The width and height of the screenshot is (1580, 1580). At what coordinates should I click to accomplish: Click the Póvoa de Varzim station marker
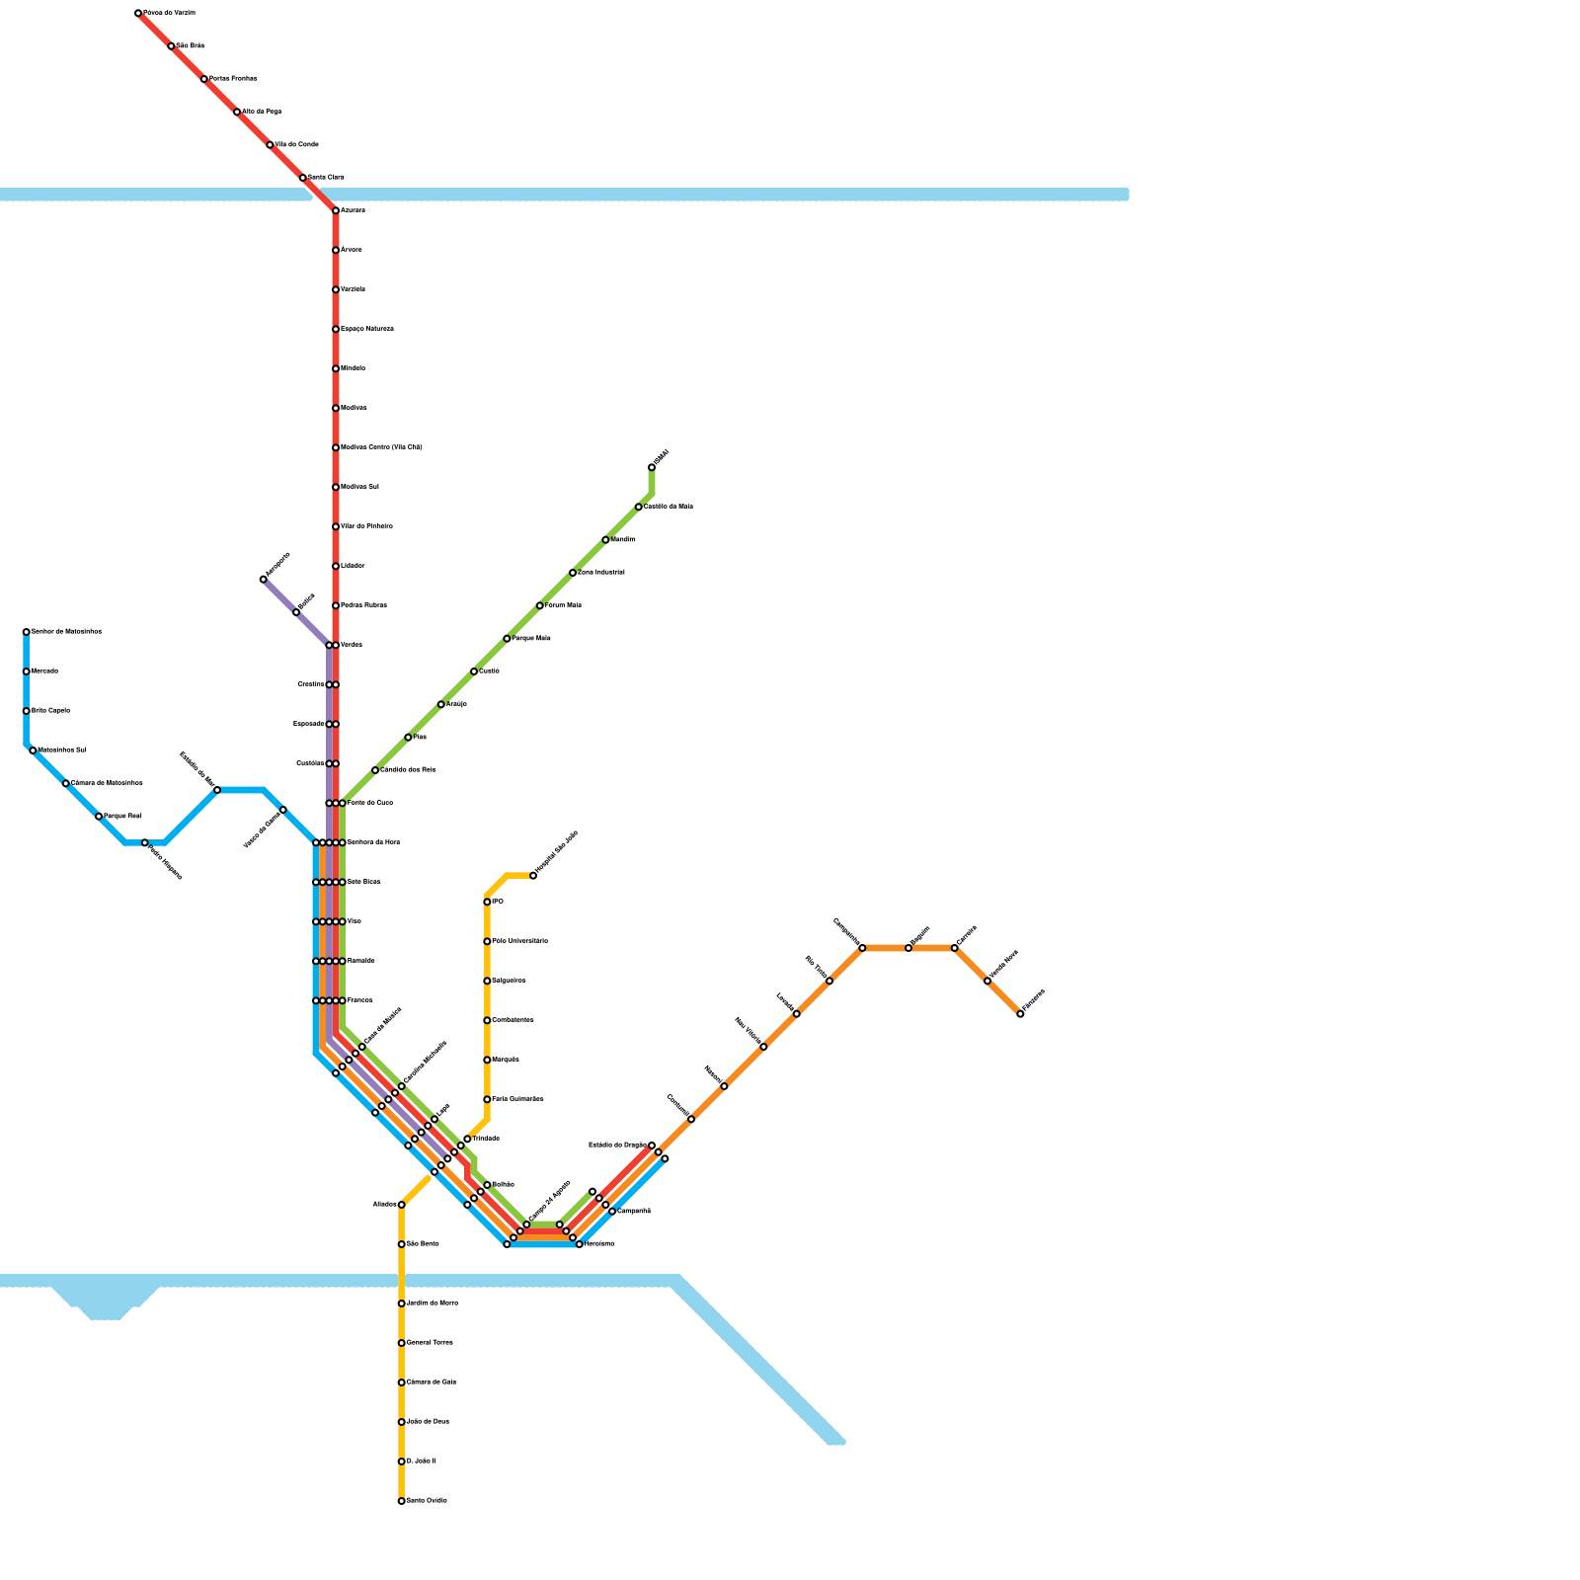[x=138, y=13]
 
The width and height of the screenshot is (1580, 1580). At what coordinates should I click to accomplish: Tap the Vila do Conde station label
[x=295, y=145]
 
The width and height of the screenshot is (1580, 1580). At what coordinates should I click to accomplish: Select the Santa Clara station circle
[x=303, y=178]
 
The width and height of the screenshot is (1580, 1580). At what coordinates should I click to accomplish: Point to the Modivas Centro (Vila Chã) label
[x=381, y=447]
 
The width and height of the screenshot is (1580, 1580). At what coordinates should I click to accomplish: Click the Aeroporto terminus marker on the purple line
[x=264, y=580]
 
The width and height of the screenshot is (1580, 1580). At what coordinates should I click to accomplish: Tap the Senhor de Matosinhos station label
[x=66, y=632]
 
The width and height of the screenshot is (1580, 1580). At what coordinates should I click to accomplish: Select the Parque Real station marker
[x=99, y=817]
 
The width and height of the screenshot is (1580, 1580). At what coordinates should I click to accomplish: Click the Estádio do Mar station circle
[x=217, y=790]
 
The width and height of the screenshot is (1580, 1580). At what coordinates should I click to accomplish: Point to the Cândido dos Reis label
[x=408, y=770]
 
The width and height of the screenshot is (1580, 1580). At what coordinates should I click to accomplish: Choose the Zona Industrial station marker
[x=573, y=573]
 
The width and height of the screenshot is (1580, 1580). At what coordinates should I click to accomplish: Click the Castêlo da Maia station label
[x=669, y=507]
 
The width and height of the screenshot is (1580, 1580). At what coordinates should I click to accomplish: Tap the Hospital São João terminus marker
[x=533, y=876]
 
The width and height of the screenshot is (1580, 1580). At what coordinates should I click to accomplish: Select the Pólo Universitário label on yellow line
[x=519, y=941]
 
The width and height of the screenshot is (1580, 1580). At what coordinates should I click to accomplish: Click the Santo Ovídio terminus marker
[x=401, y=1501]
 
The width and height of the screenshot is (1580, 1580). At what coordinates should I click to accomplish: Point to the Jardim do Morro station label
[x=432, y=1303]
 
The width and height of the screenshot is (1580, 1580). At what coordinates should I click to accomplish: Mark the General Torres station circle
[x=401, y=1343]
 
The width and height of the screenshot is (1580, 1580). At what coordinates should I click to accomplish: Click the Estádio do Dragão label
[x=617, y=1145]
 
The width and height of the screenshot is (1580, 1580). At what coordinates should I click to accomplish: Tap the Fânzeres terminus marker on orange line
[x=1020, y=1014]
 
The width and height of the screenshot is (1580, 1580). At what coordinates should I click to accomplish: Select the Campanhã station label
[x=633, y=1212]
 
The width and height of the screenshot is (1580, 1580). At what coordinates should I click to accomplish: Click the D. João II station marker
[x=401, y=1461]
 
